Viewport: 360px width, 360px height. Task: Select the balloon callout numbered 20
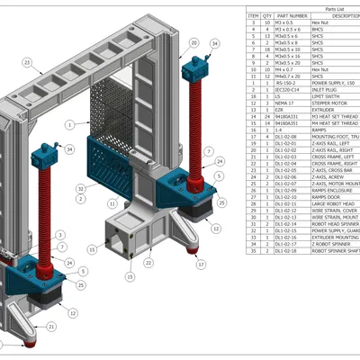[193, 42]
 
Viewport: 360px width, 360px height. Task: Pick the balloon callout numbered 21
[51, 326]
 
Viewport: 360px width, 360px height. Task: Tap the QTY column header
[267, 15]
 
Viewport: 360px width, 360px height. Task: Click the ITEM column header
[254, 15]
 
